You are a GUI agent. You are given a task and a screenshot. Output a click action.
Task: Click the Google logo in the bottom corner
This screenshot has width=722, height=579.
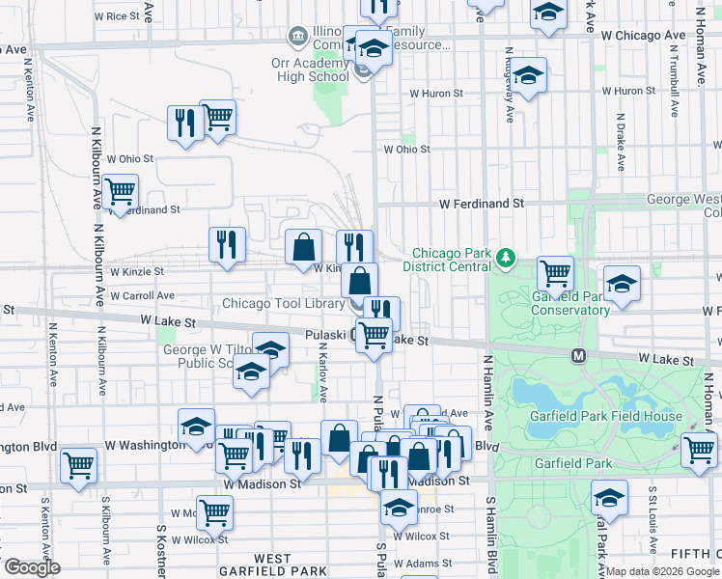32,567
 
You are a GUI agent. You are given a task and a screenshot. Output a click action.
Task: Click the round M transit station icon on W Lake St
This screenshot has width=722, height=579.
579,356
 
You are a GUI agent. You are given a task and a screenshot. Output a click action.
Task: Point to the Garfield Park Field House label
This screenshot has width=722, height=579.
605,416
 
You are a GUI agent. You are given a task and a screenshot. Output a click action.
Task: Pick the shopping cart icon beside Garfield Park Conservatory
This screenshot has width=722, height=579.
555,275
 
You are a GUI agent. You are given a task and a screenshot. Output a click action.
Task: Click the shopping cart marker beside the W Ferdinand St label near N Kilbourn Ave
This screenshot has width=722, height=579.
120,193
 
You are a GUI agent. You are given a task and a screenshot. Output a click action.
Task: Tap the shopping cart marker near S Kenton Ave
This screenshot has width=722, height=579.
78,465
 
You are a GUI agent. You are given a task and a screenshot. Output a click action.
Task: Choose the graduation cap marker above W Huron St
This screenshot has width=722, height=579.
528,76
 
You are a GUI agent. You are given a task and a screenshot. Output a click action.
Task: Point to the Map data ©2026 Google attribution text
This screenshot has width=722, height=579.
662,571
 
